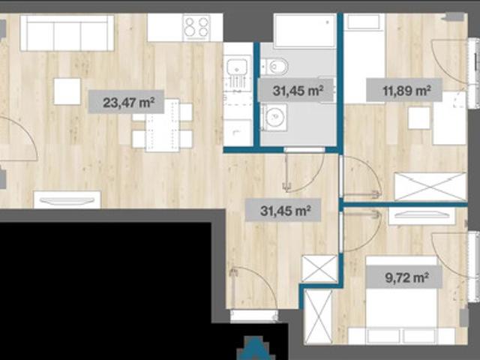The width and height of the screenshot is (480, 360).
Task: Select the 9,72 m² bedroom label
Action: (404, 277)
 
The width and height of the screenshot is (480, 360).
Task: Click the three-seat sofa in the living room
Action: (67, 33)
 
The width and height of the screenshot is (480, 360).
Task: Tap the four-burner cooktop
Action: (196, 28)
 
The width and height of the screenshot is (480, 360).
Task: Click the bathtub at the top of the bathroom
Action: (305, 31)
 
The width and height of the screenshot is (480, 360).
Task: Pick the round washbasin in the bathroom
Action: (274, 117)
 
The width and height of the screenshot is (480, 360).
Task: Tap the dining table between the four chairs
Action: (163, 125)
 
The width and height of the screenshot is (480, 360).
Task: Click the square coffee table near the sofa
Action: (67, 91)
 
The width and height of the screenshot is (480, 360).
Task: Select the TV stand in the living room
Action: (67, 199)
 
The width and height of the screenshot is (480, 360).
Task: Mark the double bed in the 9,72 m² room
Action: (401, 300)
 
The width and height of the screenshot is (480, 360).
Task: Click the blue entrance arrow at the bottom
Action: (255, 348)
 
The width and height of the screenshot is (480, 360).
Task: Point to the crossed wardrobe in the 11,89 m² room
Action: (430, 187)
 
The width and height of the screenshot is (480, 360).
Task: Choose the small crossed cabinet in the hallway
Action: (319, 268)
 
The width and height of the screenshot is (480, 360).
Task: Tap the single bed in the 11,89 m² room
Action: (364, 58)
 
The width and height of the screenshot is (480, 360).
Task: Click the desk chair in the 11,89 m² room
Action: (419, 118)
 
